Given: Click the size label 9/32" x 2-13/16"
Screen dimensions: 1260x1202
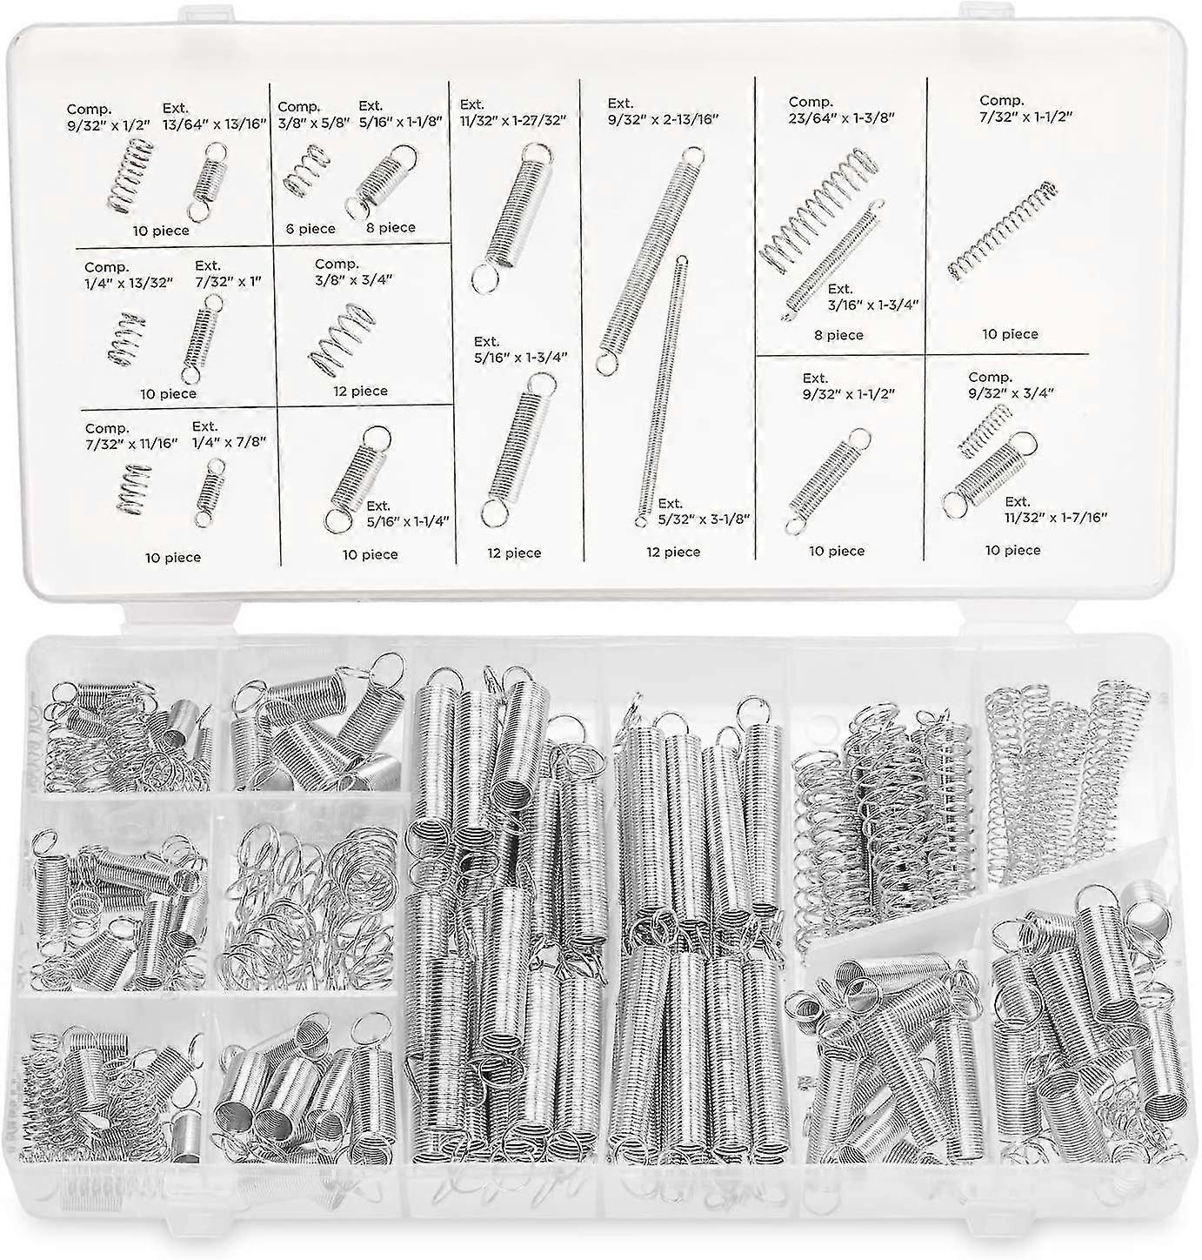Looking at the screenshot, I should tap(663, 120).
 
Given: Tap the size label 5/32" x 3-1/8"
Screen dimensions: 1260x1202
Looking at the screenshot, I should tap(704, 519).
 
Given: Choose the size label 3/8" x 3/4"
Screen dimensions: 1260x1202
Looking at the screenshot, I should tap(354, 279).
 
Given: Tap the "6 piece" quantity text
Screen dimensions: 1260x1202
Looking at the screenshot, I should tap(311, 229).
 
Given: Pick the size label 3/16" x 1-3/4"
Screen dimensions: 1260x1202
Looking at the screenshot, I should tap(873, 304).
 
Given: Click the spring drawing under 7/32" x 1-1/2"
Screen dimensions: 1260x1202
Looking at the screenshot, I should tap(1002, 230).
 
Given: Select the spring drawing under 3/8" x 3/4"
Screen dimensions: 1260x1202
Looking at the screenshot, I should tap(337, 338).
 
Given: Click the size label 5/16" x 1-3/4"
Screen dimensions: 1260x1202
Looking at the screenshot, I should tap(520, 356).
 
